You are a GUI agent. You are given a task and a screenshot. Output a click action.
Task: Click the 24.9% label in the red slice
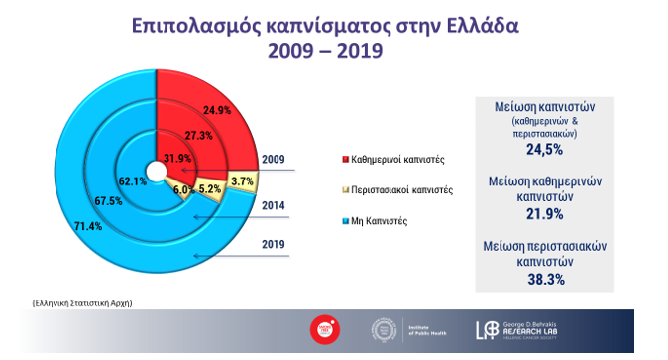coord(217,110)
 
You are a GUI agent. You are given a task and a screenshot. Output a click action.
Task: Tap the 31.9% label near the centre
coord(177,158)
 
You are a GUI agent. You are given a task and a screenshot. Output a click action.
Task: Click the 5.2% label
coord(210,188)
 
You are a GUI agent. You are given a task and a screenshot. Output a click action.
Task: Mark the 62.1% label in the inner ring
coord(133,182)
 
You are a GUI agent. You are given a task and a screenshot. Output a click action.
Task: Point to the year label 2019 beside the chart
coord(274,244)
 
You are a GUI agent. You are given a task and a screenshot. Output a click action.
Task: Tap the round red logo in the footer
coord(319,331)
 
